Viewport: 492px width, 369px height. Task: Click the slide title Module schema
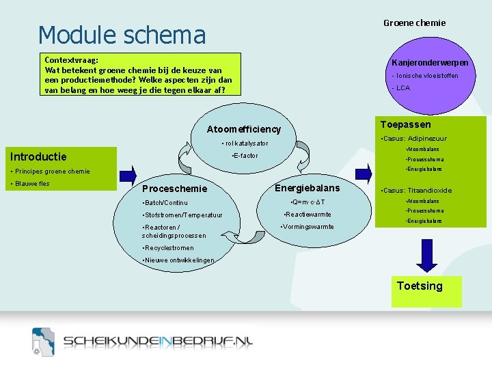pos(122,35)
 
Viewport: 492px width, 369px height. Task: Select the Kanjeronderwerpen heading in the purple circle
pos(430,63)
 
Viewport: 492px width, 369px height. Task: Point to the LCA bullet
pos(401,88)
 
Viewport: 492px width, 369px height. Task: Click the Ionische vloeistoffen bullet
pos(425,76)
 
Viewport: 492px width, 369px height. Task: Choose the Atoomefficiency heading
pos(243,129)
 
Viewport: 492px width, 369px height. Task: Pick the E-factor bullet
pos(245,156)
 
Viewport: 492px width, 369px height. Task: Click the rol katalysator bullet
pos(245,143)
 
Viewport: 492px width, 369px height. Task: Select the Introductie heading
pos(38,156)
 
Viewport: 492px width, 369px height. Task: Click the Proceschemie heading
pos(174,189)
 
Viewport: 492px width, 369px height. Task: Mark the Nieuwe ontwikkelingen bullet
pos(178,260)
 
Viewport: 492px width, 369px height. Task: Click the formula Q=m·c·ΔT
pos(307,202)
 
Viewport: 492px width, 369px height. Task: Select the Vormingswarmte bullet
pos(307,227)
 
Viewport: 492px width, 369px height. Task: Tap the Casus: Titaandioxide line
pos(417,191)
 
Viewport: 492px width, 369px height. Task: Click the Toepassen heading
pos(405,124)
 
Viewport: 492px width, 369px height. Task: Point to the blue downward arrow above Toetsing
pos(428,260)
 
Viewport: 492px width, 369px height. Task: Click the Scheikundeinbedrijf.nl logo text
pos(158,341)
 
